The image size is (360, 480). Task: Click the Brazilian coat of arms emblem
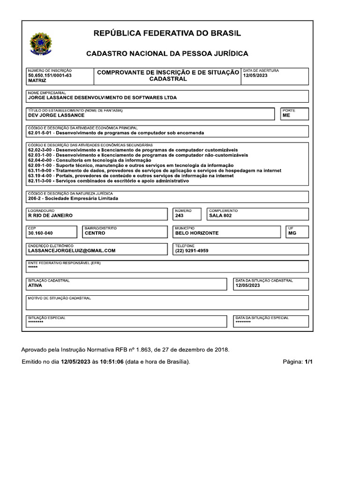41,43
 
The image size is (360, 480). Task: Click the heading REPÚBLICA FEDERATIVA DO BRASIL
167,33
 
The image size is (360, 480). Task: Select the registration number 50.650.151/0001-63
50,75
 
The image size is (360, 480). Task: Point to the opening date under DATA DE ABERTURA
255,75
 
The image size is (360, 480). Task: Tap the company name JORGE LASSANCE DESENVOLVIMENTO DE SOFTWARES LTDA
103,98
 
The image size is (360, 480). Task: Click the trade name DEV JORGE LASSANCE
56,115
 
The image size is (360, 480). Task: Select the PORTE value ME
286,115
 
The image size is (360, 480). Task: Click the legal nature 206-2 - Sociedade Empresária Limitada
73,198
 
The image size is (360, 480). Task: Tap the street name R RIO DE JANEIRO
50,216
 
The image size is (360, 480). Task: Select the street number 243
179,216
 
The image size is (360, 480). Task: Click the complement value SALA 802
220,216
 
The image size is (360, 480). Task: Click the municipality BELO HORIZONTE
196,233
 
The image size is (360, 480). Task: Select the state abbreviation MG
292,233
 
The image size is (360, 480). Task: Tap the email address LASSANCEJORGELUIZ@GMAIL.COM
72,250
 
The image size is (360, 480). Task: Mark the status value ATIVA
35,285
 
